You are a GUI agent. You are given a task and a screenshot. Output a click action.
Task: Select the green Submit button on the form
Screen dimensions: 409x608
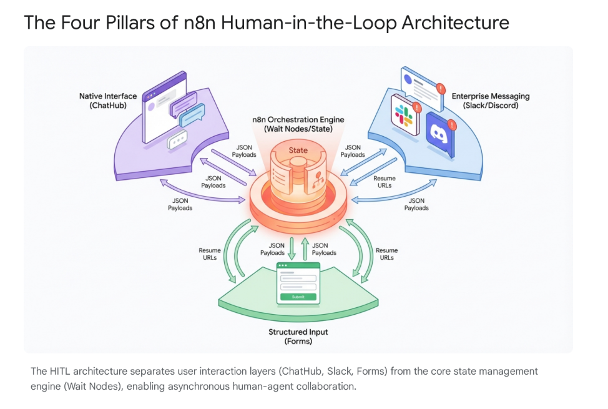(298, 297)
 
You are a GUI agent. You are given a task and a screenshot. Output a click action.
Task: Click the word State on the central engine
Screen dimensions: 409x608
(298, 150)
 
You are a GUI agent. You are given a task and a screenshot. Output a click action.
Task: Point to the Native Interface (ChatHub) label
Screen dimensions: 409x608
(107, 101)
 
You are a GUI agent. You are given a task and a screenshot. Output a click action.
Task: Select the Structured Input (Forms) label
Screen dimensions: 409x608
(298, 337)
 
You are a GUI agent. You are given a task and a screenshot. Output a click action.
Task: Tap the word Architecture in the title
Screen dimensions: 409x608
(455, 23)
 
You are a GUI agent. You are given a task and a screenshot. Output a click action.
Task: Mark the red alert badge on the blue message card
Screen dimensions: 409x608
(441, 89)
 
